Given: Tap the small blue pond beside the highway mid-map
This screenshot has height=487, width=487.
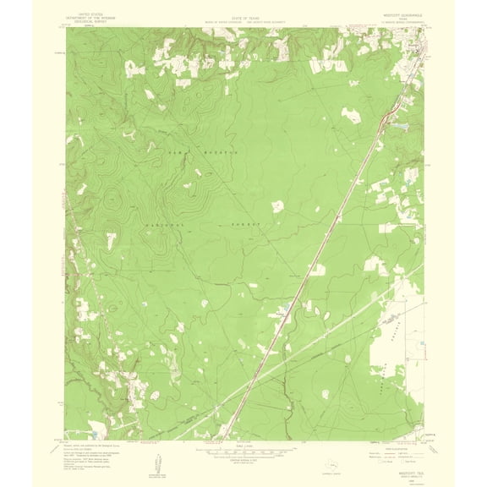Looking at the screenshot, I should coord(289,303).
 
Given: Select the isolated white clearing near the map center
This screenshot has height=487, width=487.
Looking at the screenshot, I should coord(276,205).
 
